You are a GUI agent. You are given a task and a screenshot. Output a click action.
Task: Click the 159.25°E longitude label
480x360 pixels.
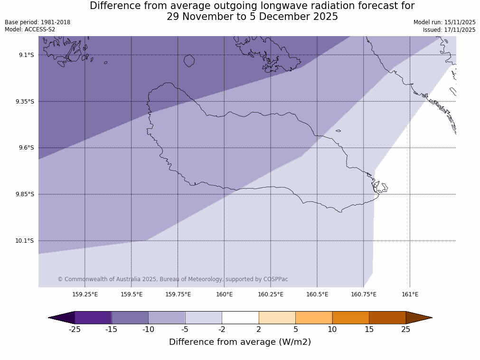[x=85, y=294]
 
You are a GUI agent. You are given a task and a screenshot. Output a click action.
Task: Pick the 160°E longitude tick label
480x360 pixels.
[x=224, y=294]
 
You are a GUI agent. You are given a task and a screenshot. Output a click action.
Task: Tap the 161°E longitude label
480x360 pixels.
[x=410, y=294]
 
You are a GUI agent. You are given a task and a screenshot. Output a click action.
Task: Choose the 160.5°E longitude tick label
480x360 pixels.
[x=317, y=294]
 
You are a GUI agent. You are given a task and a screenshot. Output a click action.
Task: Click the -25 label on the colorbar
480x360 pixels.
[x=75, y=329]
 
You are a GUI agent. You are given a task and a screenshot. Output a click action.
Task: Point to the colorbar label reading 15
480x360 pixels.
[x=369, y=329]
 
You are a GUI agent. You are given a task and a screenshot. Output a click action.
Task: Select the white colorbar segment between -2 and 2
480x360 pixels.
[x=240, y=317]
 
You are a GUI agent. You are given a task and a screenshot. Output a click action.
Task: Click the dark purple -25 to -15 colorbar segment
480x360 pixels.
[x=93, y=317]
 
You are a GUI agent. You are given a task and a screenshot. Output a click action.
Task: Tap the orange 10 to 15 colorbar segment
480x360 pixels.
[x=350, y=317]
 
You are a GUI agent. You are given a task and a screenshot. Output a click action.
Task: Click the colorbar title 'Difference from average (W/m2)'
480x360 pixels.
[x=240, y=342]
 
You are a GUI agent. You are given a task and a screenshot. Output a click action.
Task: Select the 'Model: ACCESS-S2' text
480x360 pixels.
[x=30, y=29]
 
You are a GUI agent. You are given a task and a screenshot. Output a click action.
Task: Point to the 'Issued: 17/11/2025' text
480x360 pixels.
[x=449, y=30]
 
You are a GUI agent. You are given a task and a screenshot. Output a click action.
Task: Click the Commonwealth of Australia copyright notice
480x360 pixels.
[x=173, y=279]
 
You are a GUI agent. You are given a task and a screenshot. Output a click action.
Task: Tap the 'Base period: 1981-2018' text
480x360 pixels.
[x=38, y=22]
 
